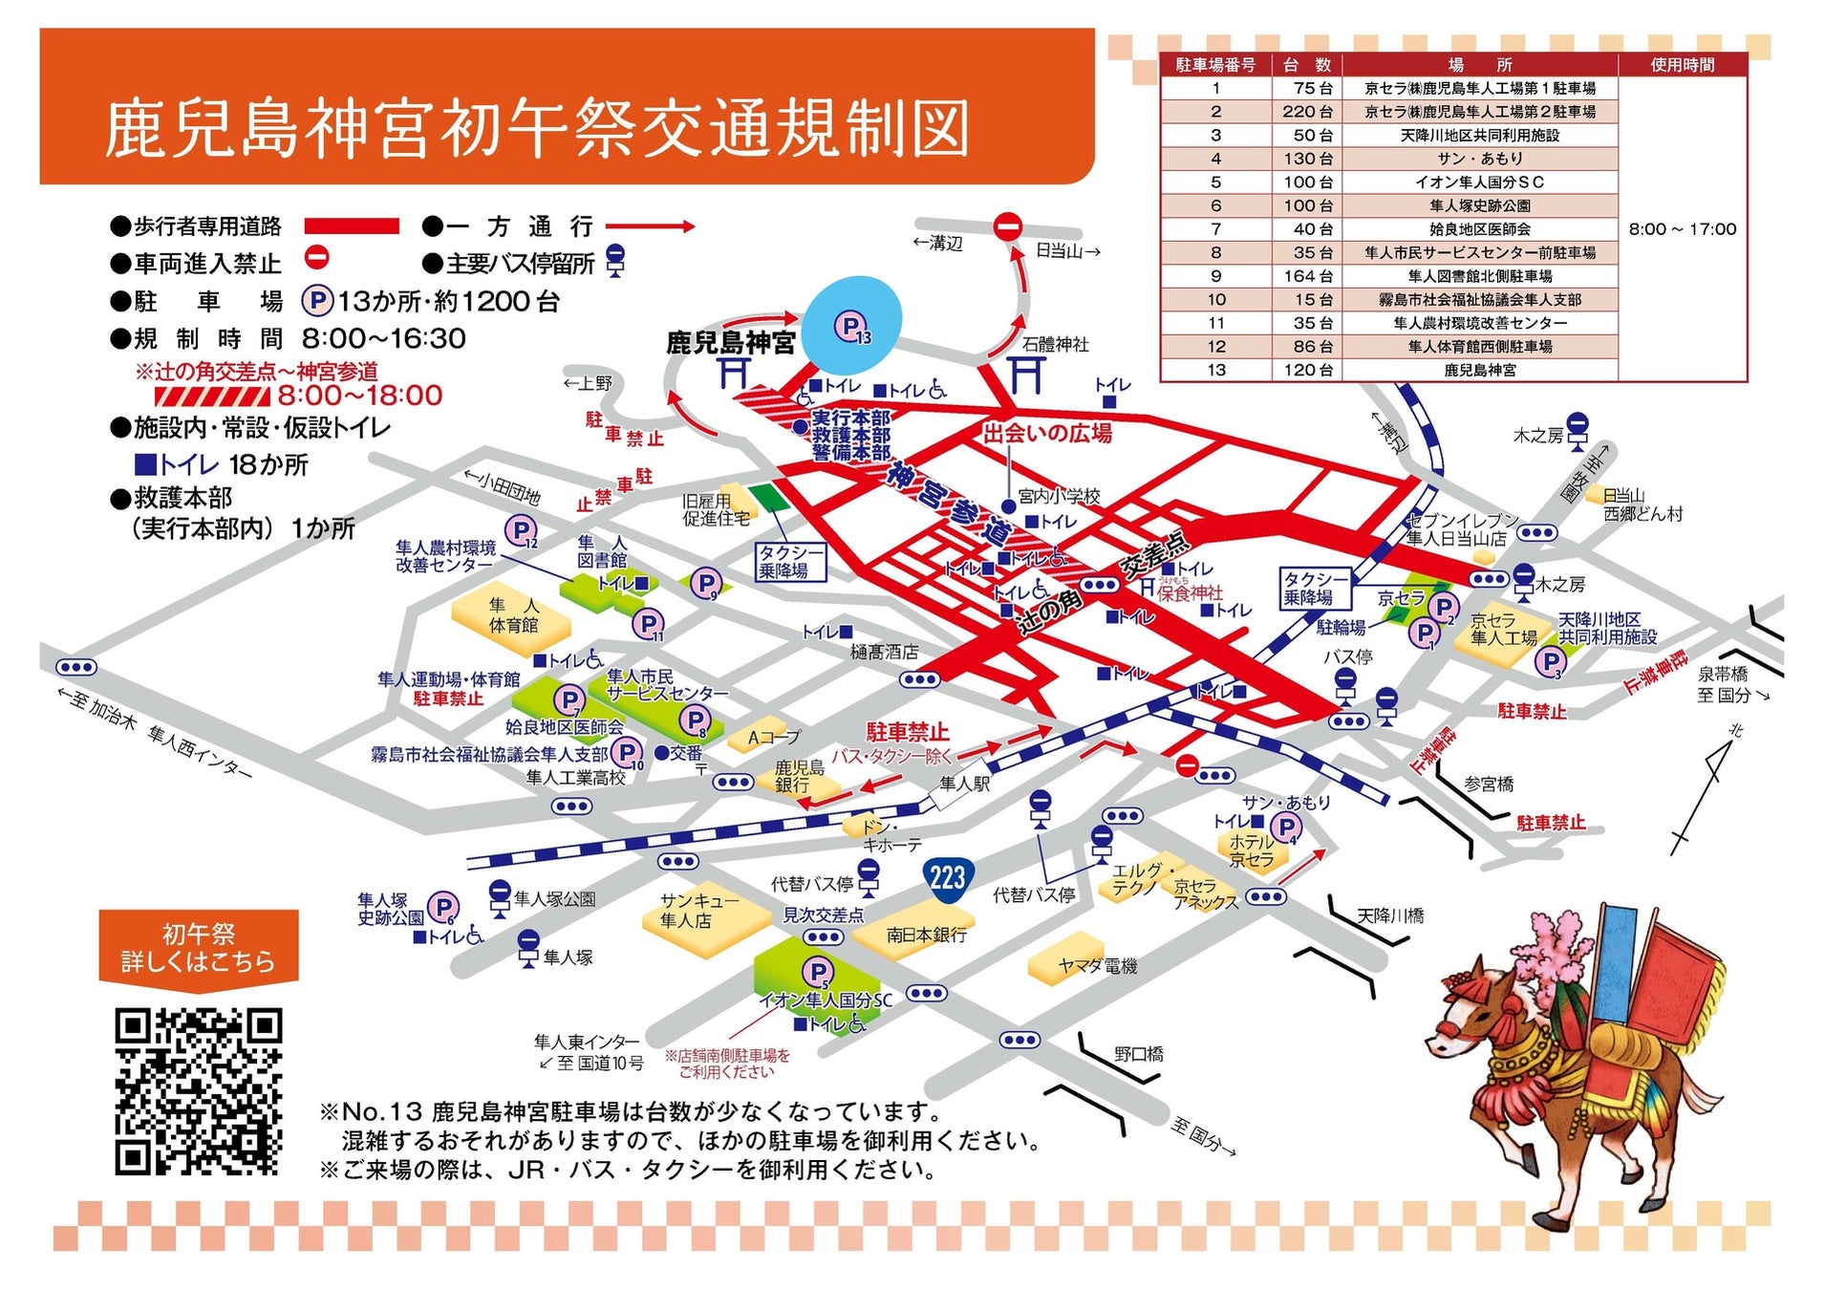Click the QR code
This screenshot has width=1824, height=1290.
click(198, 1090)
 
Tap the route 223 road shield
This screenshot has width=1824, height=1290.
click(947, 877)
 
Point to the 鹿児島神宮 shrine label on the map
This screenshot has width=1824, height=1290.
click(730, 343)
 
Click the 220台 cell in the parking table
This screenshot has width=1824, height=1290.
click(1307, 112)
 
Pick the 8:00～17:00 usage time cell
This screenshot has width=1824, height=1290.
click(1682, 229)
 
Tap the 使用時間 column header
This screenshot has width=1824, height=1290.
click(1682, 65)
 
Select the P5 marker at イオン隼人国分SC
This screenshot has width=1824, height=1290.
click(816, 974)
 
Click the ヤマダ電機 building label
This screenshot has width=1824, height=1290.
click(1097, 966)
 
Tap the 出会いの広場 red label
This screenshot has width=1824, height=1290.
click(1047, 434)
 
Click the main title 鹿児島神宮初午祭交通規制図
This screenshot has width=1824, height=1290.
click(537, 129)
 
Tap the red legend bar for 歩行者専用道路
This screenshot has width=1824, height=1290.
click(351, 226)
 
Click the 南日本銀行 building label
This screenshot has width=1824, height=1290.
click(925, 935)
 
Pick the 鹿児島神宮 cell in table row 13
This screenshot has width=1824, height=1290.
click(1479, 370)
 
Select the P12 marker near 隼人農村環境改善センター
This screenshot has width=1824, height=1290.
click(522, 530)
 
